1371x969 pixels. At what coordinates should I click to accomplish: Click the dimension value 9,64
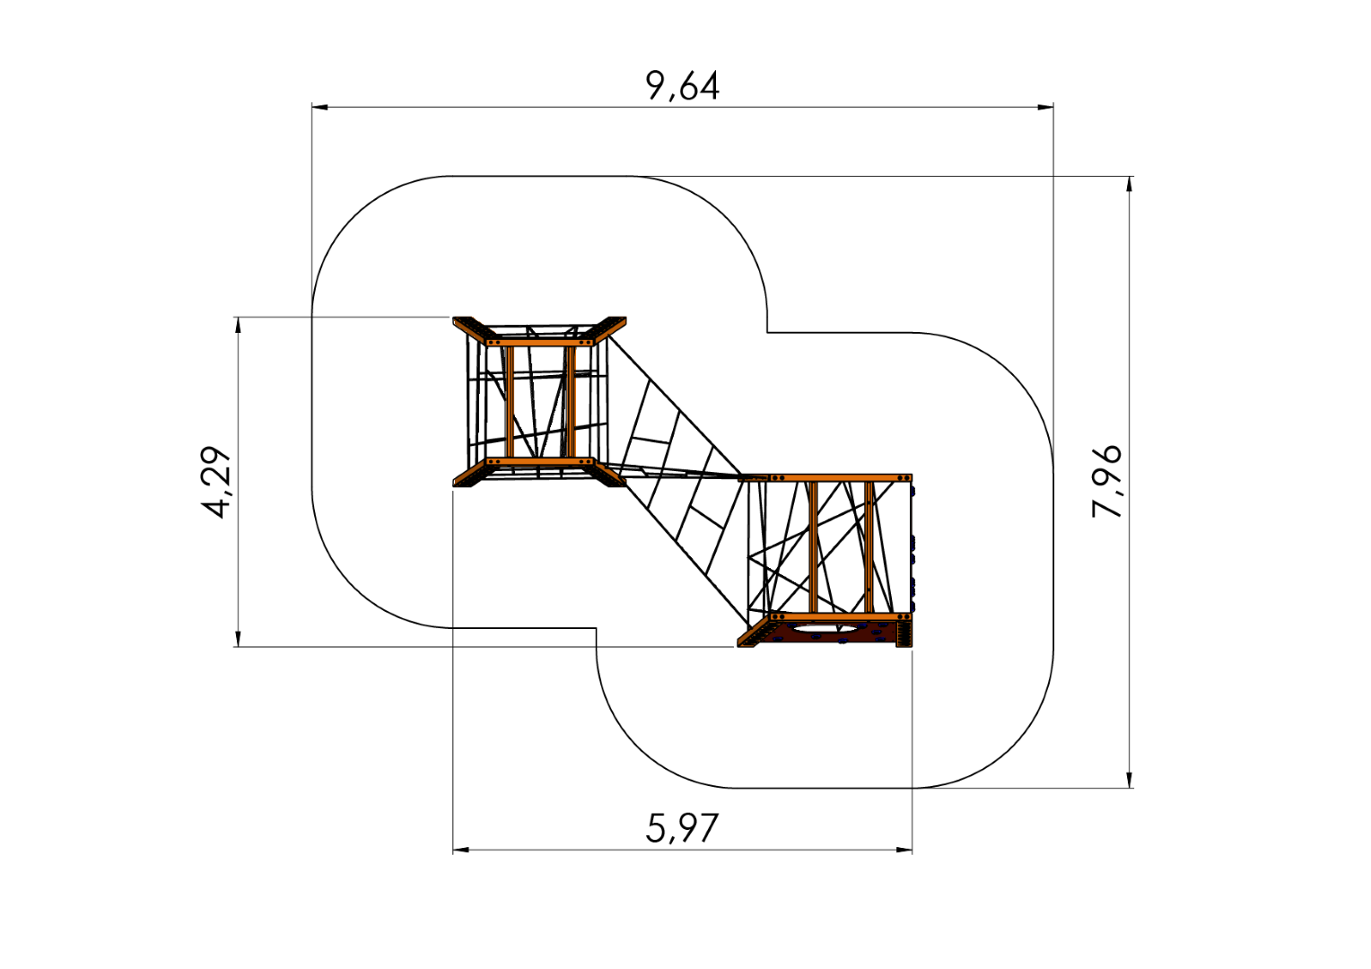click(683, 86)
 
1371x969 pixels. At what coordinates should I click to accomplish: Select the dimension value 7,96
click(1106, 482)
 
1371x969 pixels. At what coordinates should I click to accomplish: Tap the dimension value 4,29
click(216, 483)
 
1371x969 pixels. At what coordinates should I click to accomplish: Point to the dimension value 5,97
click(682, 827)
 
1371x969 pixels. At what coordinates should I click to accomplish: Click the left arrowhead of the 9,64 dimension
click(319, 107)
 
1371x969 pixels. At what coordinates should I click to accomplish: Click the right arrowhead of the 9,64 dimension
click(1045, 107)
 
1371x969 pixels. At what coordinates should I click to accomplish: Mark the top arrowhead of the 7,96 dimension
click(1130, 184)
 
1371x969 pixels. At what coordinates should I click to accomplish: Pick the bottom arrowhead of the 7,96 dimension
click(1130, 780)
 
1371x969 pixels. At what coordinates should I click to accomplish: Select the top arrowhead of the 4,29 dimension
click(238, 325)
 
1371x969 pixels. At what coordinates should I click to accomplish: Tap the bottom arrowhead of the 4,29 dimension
click(238, 639)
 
